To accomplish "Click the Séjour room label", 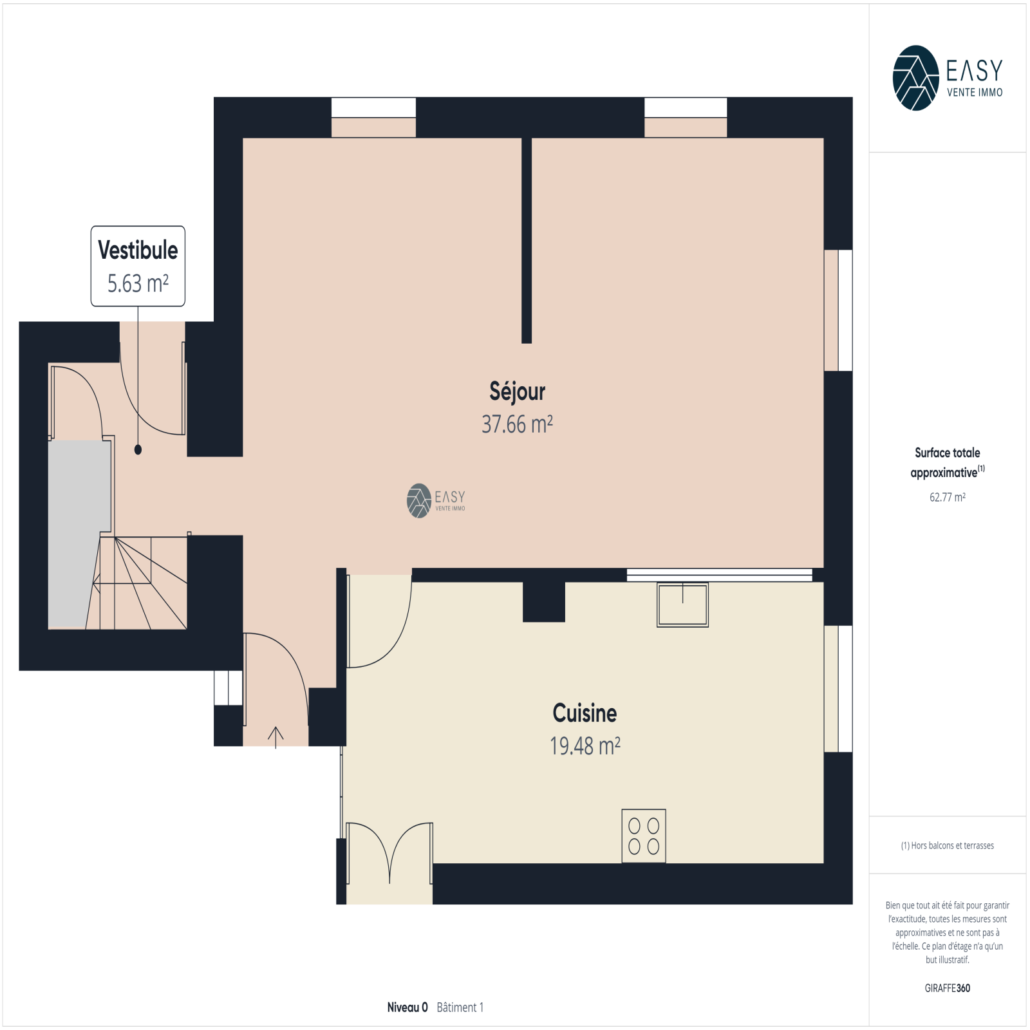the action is pos(517,391).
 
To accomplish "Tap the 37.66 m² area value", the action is pos(517,424).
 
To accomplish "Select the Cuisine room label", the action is pos(585,713).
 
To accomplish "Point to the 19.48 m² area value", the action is pos(585,745).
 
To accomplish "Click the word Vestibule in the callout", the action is pos(138,250).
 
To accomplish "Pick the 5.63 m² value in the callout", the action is pos(138,283).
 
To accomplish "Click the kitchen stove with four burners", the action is pos(644,836).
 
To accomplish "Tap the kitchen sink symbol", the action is pos(682,604).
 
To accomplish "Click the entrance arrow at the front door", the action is pos(276,737).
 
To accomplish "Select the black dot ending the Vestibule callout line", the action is pos(138,450).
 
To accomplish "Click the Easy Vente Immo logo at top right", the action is pos(948,78).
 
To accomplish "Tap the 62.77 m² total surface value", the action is pos(947,497).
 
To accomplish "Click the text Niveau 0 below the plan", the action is pos(407,1007).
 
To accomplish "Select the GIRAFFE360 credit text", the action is pos(947,988).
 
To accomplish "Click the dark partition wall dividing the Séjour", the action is pos(527,240).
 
